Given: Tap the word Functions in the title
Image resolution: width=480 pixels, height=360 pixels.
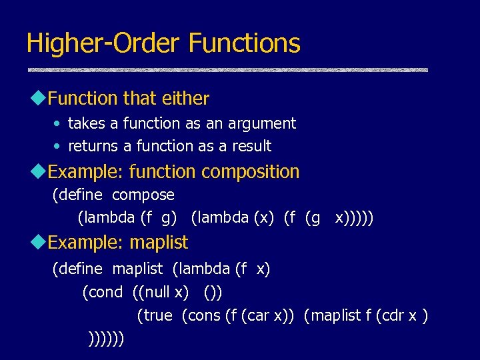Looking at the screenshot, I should coord(244,43).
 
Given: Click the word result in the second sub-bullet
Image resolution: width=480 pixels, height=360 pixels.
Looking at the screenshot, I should coord(251,146).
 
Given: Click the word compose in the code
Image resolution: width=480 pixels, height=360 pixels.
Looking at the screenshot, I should coord(143,195).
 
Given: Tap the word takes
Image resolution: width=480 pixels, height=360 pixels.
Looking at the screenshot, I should coord(86,123).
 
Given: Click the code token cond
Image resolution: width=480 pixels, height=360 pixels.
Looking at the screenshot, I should coord(105,292).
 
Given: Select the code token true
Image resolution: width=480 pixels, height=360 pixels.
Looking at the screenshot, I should coord(157,315).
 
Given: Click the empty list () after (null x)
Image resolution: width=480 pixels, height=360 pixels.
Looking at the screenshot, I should coord(213,292).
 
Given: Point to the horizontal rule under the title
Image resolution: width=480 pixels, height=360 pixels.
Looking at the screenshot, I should coord(227,69).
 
